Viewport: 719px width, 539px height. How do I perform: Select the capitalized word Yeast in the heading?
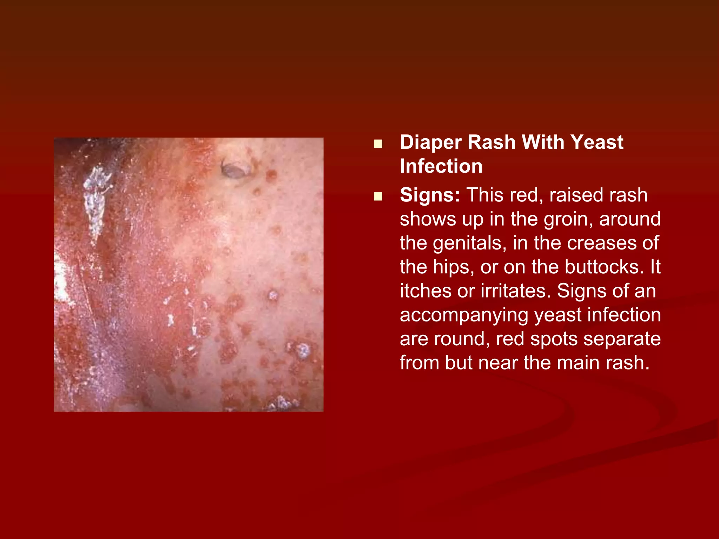pos(596,142)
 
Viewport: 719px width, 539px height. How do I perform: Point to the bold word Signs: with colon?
pos(430,195)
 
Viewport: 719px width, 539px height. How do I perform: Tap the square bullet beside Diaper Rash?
pos(378,144)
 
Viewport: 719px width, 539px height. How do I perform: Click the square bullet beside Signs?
pos(378,197)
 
